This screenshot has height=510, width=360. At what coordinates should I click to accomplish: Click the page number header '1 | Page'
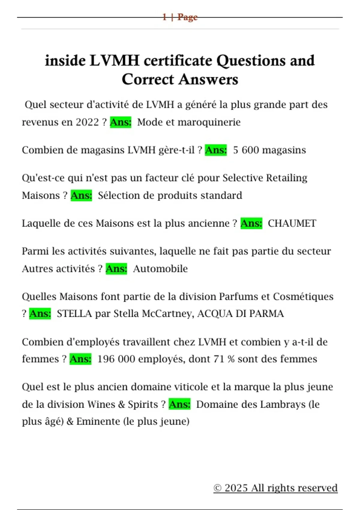(180, 17)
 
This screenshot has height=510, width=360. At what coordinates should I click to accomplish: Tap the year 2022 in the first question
(87, 122)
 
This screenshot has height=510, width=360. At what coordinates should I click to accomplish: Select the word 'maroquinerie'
(209, 122)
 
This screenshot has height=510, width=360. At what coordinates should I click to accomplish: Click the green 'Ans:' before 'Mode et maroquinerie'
(121, 122)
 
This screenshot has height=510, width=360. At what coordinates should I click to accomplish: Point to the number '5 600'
(246, 150)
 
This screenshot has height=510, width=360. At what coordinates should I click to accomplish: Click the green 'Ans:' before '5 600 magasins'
(216, 150)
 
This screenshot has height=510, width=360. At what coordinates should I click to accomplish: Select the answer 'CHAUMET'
(292, 223)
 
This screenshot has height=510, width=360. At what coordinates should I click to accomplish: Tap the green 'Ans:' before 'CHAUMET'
(251, 223)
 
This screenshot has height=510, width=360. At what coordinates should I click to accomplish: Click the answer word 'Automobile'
(160, 269)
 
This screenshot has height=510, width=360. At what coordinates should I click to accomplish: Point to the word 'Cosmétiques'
(303, 297)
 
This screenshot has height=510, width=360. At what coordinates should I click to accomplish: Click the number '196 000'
(116, 359)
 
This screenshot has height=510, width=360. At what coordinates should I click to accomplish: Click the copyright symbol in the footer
(217, 488)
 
